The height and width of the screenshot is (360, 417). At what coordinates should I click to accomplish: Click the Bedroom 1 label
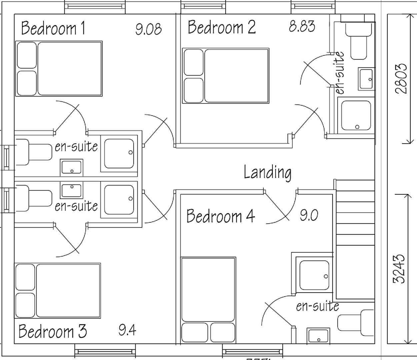53,28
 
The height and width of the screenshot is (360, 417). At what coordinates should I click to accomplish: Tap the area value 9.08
148,29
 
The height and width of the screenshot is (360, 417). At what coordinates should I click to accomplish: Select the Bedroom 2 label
222,27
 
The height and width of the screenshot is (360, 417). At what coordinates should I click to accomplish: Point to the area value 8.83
302,26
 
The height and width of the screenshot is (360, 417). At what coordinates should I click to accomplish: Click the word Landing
267,172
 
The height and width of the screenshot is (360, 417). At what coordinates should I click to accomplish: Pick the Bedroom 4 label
220,216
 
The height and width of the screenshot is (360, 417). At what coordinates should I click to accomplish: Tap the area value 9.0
309,215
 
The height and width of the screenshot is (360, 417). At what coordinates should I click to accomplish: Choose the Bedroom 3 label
52,331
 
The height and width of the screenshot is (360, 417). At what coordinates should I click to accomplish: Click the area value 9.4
127,330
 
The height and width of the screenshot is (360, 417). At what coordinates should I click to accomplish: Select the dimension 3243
399,269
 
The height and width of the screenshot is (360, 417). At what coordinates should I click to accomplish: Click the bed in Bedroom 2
226,76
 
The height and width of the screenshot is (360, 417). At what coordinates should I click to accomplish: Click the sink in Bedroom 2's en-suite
366,78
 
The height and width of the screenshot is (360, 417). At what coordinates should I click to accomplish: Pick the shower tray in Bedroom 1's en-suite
119,154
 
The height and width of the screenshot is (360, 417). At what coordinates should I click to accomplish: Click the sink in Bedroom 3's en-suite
71,190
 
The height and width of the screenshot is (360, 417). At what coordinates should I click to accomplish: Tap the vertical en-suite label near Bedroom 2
339,73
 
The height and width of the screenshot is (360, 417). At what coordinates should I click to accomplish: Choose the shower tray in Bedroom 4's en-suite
314,275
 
